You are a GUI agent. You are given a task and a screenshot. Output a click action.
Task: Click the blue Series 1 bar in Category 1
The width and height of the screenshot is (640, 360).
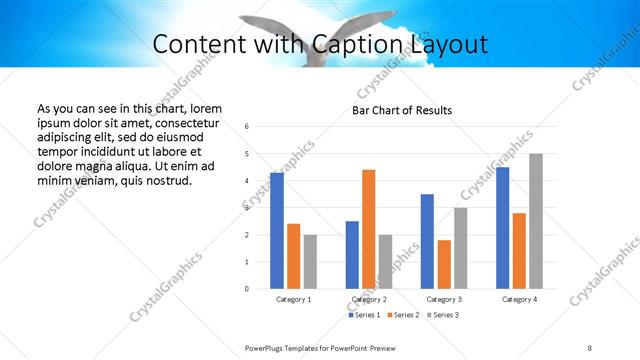pyautogui.click(x=277, y=231)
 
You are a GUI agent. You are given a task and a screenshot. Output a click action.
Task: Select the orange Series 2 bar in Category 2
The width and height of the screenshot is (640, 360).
pyautogui.click(x=368, y=229)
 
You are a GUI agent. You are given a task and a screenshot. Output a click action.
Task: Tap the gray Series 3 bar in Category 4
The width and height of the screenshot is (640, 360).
pyautogui.click(x=536, y=221)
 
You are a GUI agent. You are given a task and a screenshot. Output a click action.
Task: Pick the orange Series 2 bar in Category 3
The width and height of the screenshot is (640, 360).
pyautogui.click(x=444, y=264)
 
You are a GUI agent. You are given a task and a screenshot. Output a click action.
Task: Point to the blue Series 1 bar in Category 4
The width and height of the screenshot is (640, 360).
pyautogui.click(x=502, y=228)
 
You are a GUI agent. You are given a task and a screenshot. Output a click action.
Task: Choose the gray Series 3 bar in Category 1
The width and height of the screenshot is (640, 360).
pyautogui.click(x=310, y=262)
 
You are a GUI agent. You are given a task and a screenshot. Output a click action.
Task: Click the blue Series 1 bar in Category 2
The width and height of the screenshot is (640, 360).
pyautogui.click(x=352, y=255)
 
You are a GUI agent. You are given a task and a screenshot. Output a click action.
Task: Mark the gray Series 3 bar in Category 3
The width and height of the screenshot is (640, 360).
pyautogui.click(x=460, y=248)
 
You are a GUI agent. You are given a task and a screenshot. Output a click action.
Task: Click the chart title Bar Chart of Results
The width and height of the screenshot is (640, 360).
pyautogui.click(x=402, y=110)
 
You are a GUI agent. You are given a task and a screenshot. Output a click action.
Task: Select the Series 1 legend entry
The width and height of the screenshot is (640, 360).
pyautogui.click(x=365, y=316)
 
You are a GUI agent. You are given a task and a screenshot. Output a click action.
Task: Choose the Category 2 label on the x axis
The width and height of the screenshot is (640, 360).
pyautogui.click(x=369, y=299)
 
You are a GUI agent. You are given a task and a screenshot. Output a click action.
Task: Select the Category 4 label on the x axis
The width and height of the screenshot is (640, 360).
pyautogui.click(x=519, y=299)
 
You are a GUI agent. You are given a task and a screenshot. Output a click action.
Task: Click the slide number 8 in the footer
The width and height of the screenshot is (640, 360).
pyautogui.click(x=590, y=347)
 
